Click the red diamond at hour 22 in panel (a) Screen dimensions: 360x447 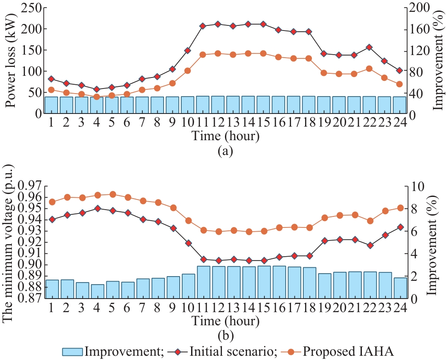coord(369,47)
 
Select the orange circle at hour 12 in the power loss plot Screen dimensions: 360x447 coord(218,53)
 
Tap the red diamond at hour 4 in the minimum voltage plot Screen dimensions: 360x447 coord(97,208)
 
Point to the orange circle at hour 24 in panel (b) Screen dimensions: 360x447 coord(399,208)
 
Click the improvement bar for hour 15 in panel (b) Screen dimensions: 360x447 coord(264,282)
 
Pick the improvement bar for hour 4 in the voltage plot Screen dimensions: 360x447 coord(97,291)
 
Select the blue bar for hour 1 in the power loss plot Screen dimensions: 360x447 coord(52,105)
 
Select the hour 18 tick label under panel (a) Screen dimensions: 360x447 coord(309,123)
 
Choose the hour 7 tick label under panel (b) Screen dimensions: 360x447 coord(142,308)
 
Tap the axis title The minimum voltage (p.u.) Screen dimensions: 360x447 coord(9,241)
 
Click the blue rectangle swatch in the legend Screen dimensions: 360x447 coord(72,351)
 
